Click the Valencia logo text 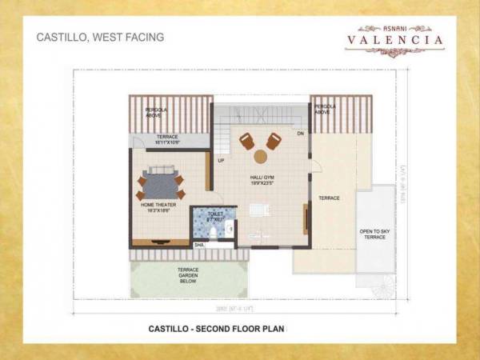394,38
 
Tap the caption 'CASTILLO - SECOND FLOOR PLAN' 217,328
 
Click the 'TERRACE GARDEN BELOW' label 188,275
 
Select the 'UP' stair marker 220,161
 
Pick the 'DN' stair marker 300,134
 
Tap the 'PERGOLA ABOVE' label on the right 324,109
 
